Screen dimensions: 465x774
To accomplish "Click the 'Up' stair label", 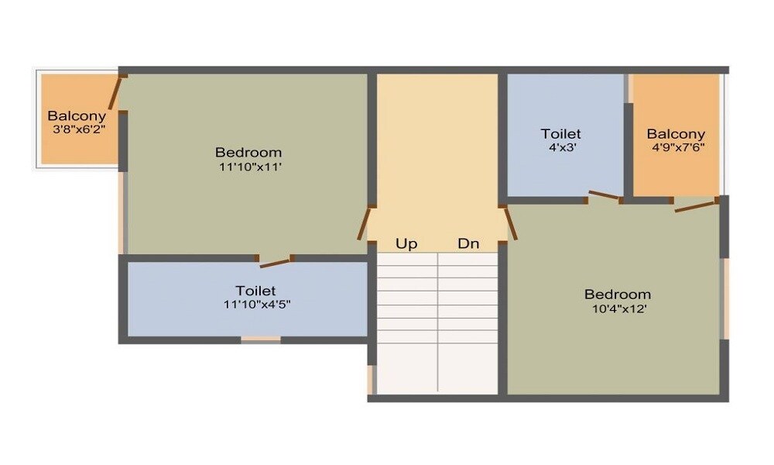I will pos(406,244).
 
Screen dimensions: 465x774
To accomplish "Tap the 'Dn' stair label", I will pos(468,244).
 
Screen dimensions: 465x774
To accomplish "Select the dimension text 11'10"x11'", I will pos(248,166).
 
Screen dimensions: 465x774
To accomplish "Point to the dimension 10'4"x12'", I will pos(617,308).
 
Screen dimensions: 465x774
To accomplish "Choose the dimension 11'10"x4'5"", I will pos(256,305).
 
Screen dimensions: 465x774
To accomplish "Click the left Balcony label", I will pos(77,116).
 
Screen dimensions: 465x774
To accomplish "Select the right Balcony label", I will pos(676,133).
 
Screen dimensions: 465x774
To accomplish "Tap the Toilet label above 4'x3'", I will pos(560,133).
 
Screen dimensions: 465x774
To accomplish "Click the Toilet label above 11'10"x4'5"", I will pos(255,291).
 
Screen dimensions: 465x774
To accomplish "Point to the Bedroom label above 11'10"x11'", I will pos(248,152).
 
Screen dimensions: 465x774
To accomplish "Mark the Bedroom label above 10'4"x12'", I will pos(617,294).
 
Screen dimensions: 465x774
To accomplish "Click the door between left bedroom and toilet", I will pos(276,262).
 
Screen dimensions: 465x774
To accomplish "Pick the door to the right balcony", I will pos(695,205).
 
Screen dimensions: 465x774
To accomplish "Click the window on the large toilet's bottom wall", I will pos(261,339).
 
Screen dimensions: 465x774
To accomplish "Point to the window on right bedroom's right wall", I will pos(725,298).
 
